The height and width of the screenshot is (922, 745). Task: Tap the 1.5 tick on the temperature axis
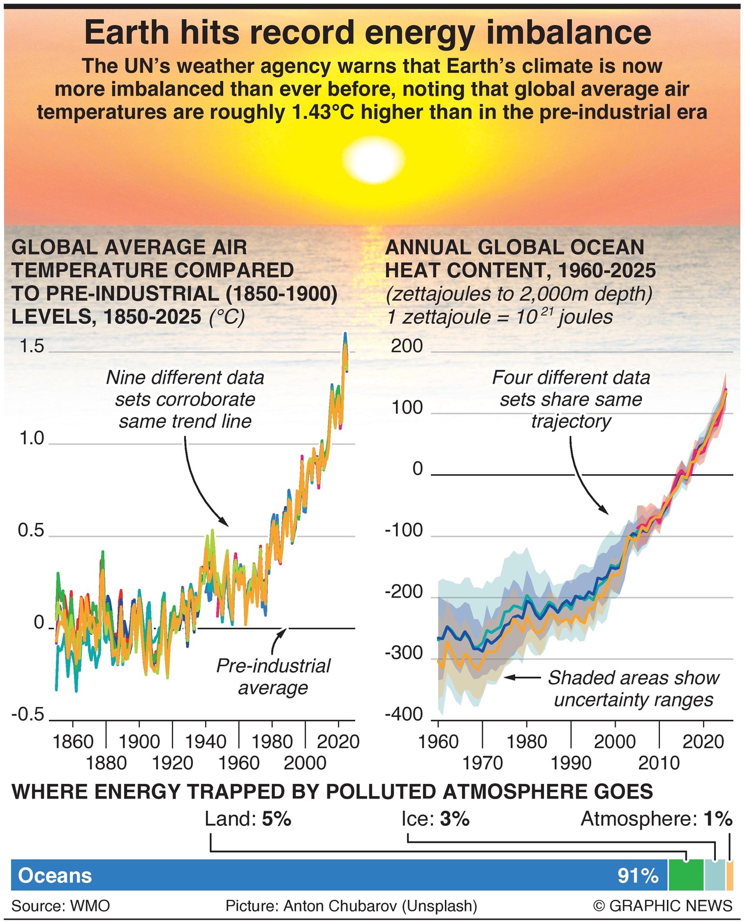(x=31, y=346)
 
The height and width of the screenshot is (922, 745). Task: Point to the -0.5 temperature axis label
(x=27, y=714)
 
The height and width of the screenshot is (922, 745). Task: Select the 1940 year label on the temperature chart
(x=205, y=741)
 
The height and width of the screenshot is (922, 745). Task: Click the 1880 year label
(x=106, y=762)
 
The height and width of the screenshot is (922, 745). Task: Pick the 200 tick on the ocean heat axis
(x=407, y=346)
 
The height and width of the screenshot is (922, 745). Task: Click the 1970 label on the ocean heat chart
(x=482, y=762)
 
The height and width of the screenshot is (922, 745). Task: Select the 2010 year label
(x=659, y=762)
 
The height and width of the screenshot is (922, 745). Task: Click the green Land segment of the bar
(x=686, y=875)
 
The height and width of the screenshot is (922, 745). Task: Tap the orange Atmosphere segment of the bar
(x=730, y=875)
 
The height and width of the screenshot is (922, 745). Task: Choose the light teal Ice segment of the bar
(x=715, y=875)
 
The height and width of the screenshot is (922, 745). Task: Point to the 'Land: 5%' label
(x=248, y=819)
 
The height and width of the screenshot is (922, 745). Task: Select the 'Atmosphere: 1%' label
(x=656, y=819)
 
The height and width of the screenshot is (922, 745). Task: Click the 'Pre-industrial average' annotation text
(x=273, y=677)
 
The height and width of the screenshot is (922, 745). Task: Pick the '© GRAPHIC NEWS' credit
(x=662, y=906)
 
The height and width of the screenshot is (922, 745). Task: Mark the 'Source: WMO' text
(x=61, y=906)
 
